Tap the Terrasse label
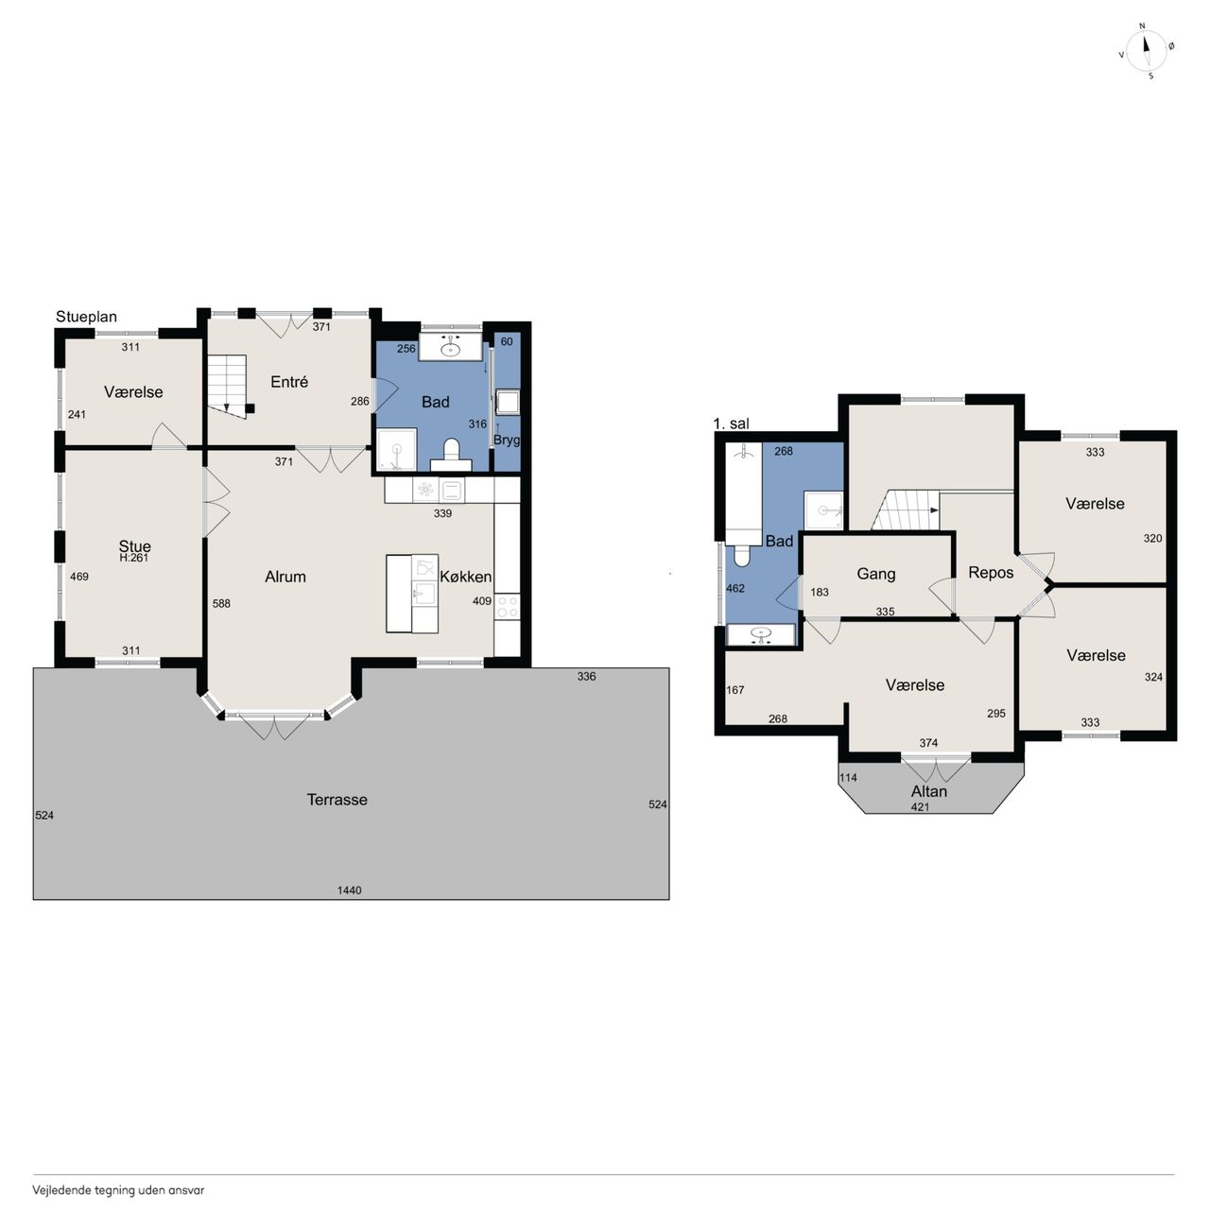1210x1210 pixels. pos(337,800)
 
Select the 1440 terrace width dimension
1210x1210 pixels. pos(349,890)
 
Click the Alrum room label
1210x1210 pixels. pos(285,577)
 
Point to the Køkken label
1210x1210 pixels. pos(465,577)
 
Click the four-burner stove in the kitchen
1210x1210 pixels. pos(507,607)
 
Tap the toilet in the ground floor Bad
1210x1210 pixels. pos(451,455)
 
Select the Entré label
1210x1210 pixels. pos(289,382)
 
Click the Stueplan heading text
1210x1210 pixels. pos(86,317)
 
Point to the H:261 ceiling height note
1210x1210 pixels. pos(133,558)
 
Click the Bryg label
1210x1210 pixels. pos(507,441)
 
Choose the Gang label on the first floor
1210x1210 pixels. pos(876,574)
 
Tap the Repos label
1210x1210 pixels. pos(991,573)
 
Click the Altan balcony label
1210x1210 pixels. pos(928,791)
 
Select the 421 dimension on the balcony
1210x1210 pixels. pos(920,807)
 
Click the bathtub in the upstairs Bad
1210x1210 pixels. pos(743,493)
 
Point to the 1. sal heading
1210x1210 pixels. pos(731,423)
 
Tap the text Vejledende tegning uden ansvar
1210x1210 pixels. pos(118,1190)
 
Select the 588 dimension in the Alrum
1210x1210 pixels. pos(221,603)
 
